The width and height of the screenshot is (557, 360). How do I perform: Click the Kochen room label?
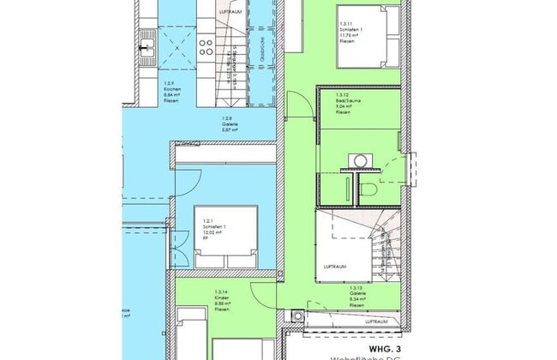click(172, 88)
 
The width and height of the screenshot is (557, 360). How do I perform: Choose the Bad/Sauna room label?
click(347, 104)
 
